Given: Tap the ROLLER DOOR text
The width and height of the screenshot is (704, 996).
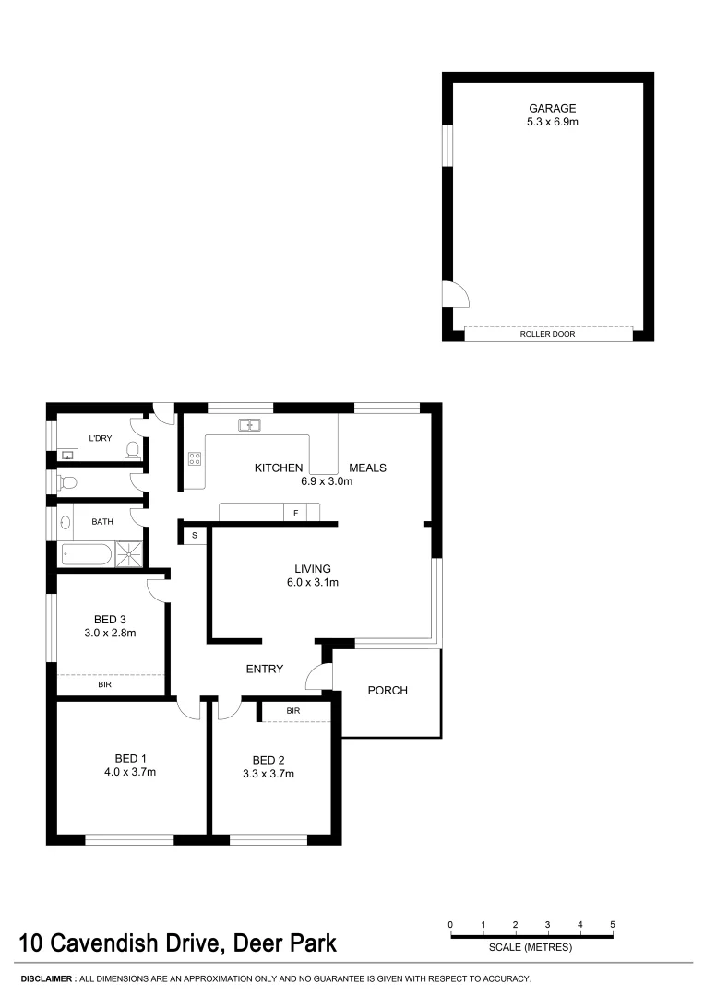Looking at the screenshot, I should click(x=548, y=334).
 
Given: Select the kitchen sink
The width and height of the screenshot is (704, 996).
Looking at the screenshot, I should click(x=250, y=425).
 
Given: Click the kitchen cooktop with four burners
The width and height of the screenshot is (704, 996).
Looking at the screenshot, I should click(x=195, y=457).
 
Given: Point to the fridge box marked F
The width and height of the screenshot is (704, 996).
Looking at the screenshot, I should click(x=295, y=512).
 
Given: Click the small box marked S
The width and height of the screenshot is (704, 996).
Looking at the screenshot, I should click(x=195, y=535).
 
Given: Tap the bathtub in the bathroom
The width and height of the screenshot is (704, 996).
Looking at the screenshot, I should click(x=86, y=554).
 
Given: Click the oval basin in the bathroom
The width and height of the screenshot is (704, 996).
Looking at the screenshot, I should click(x=66, y=522).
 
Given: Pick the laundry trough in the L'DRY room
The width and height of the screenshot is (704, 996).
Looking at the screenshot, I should click(x=68, y=455).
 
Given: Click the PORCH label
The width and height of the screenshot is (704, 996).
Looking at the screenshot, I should click(x=388, y=691).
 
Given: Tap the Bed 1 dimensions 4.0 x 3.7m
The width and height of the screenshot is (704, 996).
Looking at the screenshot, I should click(x=129, y=773).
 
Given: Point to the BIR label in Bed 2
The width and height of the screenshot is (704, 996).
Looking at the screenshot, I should click(x=293, y=711).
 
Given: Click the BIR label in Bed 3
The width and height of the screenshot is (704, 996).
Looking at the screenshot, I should click(x=105, y=685).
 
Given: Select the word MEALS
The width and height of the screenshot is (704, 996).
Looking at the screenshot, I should click(x=367, y=468).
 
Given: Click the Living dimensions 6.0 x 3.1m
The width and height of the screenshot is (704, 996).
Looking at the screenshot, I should click(x=313, y=582).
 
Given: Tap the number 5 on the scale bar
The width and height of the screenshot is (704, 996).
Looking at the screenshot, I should click(x=613, y=924).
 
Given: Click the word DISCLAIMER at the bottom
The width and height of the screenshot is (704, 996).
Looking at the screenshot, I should click(x=47, y=978).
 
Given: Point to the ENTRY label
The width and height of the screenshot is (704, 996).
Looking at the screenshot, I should click(x=264, y=669).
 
